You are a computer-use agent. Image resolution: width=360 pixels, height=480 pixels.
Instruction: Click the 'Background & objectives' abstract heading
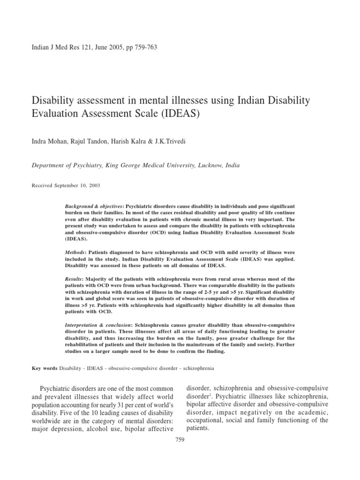pyautogui.click(x=94, y=207)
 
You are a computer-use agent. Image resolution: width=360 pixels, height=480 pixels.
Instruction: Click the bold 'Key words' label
pyautogui.click(x=44, y=368)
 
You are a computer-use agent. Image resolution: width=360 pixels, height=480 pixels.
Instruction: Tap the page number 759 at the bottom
pyautogui.click(x=180, y=439)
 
